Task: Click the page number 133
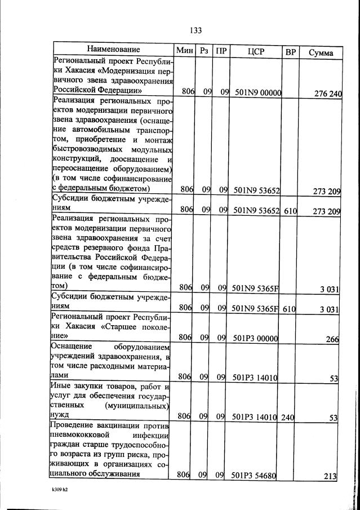tap(195, 30)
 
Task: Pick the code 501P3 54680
tap(254, 475)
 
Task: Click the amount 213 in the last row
tap(330, 476)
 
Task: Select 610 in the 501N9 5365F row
tap(290, 308)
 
